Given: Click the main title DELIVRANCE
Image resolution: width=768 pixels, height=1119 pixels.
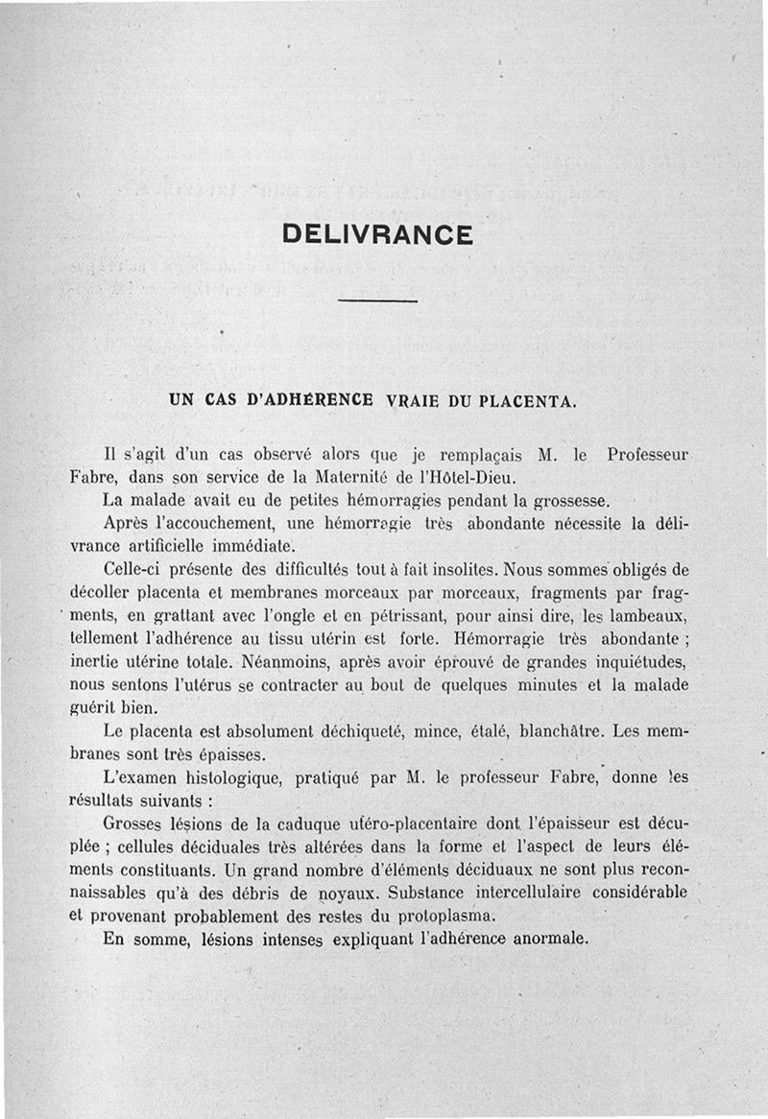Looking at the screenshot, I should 377,235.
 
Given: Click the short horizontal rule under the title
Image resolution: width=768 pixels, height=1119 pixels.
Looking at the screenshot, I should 378,302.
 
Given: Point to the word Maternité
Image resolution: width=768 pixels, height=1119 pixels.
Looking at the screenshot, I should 354,477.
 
